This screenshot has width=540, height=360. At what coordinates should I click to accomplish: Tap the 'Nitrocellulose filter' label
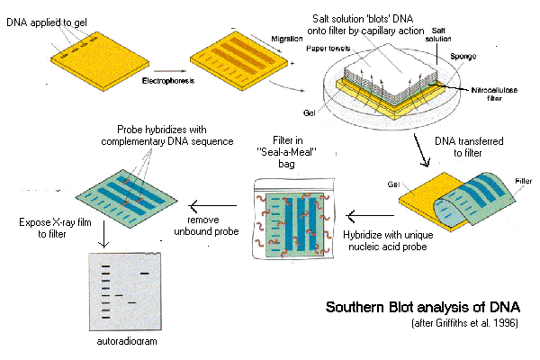[482, 95]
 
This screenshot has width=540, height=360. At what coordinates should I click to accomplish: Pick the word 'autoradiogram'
[123, 343]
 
